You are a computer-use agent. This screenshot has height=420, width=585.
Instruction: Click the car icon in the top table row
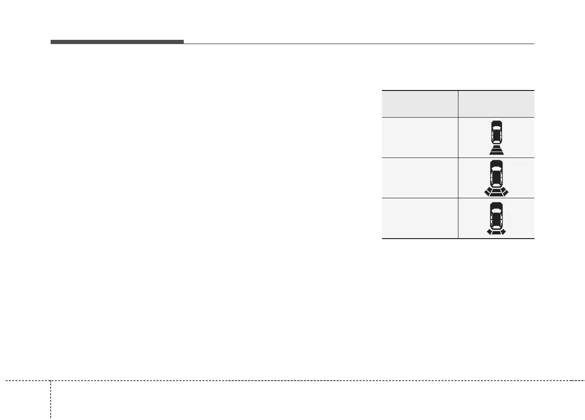pyautogui.click(x=496, y=132)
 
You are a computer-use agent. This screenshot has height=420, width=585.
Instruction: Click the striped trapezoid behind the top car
pyautogui.click(x=496, y=150)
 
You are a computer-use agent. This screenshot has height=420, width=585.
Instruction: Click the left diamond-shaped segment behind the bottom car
pyautogui.click(x=490, y=232)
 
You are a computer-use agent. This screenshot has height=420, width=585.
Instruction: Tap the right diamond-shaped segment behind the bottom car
pyautogui.click(x=502, y=232)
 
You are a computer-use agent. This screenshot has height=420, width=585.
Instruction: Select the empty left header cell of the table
pyautogui.click(x=420, y=104)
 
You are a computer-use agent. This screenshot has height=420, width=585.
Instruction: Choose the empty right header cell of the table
pyautogui.click(x=496, y=104)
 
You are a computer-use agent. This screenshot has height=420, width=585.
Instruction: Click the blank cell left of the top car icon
pyautogui.click(x=420, y=137)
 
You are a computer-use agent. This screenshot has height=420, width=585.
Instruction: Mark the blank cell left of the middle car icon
pyautogui.click(x=420, y=178)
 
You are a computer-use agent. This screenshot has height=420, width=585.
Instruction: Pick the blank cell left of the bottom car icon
pyautogui.click(x=420, y=218)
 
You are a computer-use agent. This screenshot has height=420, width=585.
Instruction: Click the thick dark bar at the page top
pyautogui.click(x=117, y=42)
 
